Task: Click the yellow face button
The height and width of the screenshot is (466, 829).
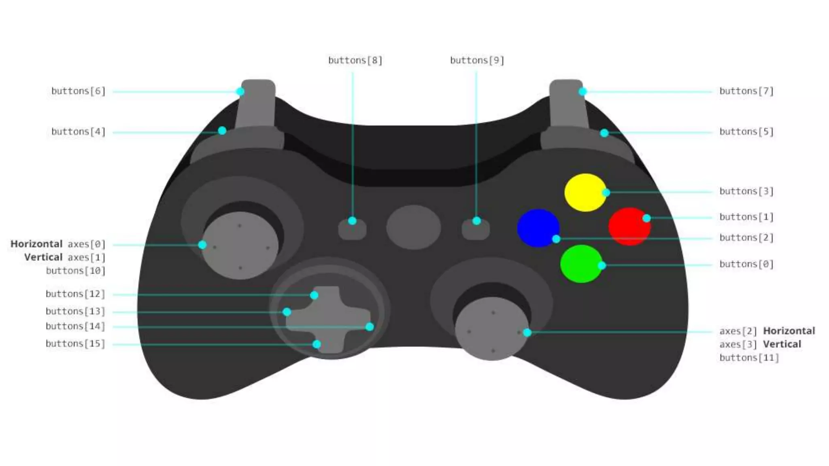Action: point(585,193)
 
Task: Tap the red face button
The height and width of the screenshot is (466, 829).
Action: point(629,227)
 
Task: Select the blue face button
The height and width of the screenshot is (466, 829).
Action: point(538,228)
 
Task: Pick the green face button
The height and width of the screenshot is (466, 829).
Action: point(581,264)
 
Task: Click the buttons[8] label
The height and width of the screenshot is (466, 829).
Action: point(355,60)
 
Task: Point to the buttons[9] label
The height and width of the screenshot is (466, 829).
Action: point(477,60)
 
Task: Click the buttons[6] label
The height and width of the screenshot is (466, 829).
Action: point(78,91)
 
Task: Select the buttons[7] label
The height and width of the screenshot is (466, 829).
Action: point(746,91)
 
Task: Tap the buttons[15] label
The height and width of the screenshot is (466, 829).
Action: point(75,343)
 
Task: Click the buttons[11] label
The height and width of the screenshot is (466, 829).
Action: point(749,358)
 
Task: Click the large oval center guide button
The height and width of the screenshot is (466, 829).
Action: point(413,227)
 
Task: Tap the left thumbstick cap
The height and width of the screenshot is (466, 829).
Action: point(240,245)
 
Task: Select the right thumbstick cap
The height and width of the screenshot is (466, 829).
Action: point(492,328)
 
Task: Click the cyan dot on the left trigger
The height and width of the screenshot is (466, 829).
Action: point(240,91)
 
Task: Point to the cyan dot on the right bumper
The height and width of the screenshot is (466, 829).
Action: point(604,133)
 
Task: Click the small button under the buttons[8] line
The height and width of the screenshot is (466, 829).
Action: point(352,229)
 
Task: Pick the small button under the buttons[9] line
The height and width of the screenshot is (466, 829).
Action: point(476,229)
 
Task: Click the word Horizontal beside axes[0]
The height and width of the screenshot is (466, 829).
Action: point(36,244)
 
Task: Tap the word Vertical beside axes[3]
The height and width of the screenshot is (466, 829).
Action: point(782,344)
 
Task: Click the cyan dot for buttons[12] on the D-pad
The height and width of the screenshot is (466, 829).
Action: point(314,295)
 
